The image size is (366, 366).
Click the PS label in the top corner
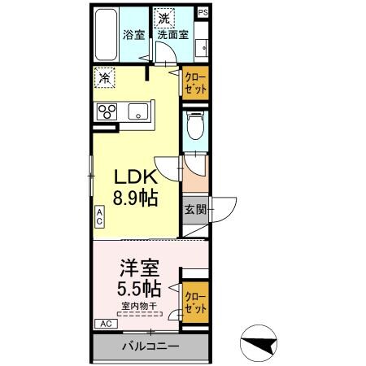tap(203, 12)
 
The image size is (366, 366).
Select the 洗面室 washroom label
tap(172, 35)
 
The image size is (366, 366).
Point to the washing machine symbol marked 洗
tap(165, 18)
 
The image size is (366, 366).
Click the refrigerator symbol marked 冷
tap(105, 79)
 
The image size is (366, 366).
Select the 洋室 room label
tap(140, 267)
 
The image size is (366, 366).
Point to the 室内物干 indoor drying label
tap(139, 307)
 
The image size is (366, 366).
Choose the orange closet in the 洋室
tap(194, 302)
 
